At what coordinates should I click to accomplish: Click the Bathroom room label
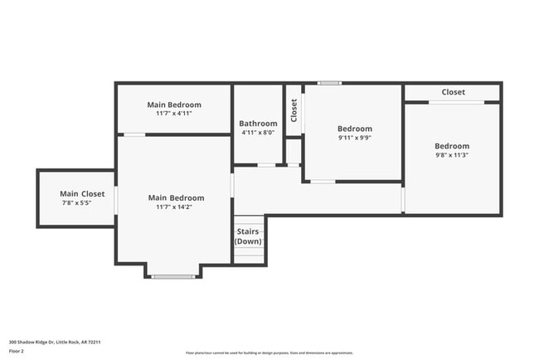257,123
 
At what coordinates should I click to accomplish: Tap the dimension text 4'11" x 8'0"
257,132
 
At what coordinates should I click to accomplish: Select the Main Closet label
82,193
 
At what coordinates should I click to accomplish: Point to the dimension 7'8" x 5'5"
76,202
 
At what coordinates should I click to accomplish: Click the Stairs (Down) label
248,236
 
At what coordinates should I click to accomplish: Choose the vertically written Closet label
294,110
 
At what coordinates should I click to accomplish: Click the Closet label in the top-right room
453,92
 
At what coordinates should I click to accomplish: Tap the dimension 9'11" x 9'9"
354,138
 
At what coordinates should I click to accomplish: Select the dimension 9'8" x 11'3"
452,155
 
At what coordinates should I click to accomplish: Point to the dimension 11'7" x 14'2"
176,207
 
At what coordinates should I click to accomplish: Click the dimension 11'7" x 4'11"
174,114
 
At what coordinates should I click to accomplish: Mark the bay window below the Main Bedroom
173,276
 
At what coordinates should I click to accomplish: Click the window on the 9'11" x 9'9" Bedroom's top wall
329,83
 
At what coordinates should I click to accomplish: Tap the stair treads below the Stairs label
249,254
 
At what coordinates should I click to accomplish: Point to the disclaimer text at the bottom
269,353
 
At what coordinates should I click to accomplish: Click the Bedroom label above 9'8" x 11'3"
452,146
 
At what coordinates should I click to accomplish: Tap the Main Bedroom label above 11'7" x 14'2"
176,197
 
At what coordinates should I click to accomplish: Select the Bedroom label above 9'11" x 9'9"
354,129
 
